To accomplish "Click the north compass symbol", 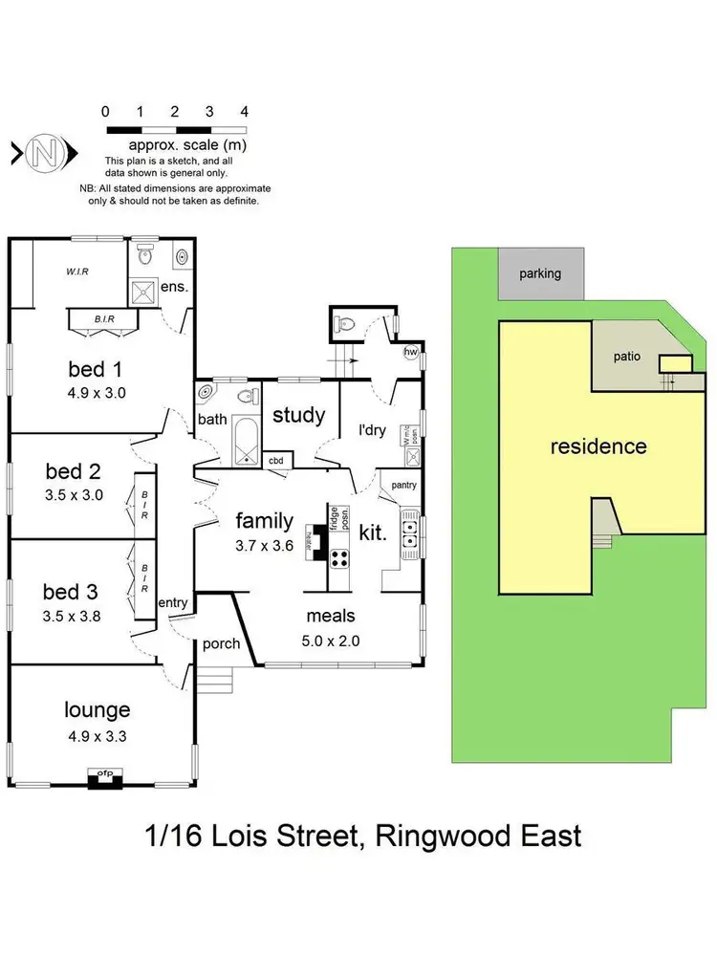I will pos(41,152).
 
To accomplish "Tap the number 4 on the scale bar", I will pos(245,111).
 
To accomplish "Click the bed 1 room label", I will pos(96,368).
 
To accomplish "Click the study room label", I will pos(299,416).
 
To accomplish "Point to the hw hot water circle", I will pos(412,351).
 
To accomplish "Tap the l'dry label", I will pos(371,430).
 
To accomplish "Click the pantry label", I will pos(403,485).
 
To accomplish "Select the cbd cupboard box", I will pos(278,460).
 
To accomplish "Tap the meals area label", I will pos(331,618).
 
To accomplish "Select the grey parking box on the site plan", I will pos(540,273).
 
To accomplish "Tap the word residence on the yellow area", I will pos(597,446).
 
